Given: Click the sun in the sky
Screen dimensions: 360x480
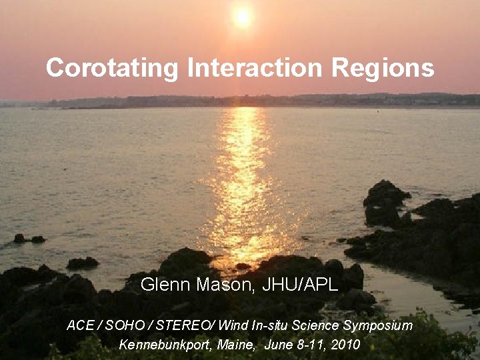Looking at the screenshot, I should coord(242,17).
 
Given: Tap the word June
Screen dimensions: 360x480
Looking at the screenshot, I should coord(279,345).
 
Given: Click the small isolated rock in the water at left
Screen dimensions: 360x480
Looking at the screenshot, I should coord(29,239).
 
